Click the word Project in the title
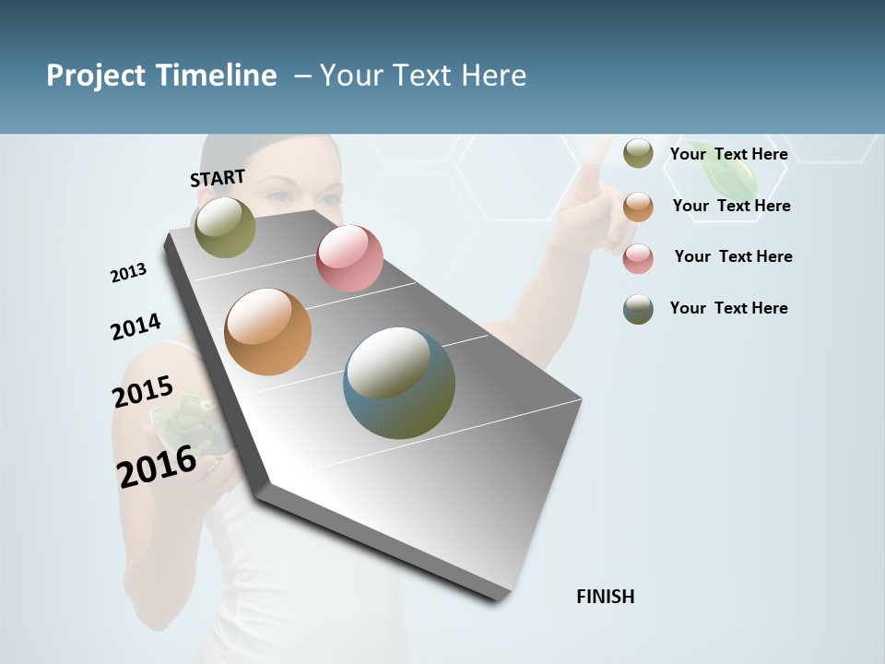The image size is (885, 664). tap(95, 76)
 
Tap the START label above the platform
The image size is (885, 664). tap(218, 178)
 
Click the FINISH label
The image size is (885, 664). tap(606, 597)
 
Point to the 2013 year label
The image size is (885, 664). tap(128, 273)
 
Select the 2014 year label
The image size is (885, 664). tap(136, 326)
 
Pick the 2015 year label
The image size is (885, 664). tap(143, 391)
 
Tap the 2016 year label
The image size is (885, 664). tap(157, 466)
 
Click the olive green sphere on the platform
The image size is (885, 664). tap(225, 227)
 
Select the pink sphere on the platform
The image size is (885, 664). tap(349, 258)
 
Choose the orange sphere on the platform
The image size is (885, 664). tap(268, 332)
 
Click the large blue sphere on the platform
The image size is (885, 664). tap(399, 383)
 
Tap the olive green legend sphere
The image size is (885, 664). tap(638, 153)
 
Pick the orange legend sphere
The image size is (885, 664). tap(638, 207)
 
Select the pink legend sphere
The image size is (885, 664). tap(638, 258)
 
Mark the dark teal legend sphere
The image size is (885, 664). tap(638, 309)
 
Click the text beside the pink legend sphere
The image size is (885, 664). tap(733, 256)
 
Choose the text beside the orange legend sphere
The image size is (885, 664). tap(731, 206)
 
